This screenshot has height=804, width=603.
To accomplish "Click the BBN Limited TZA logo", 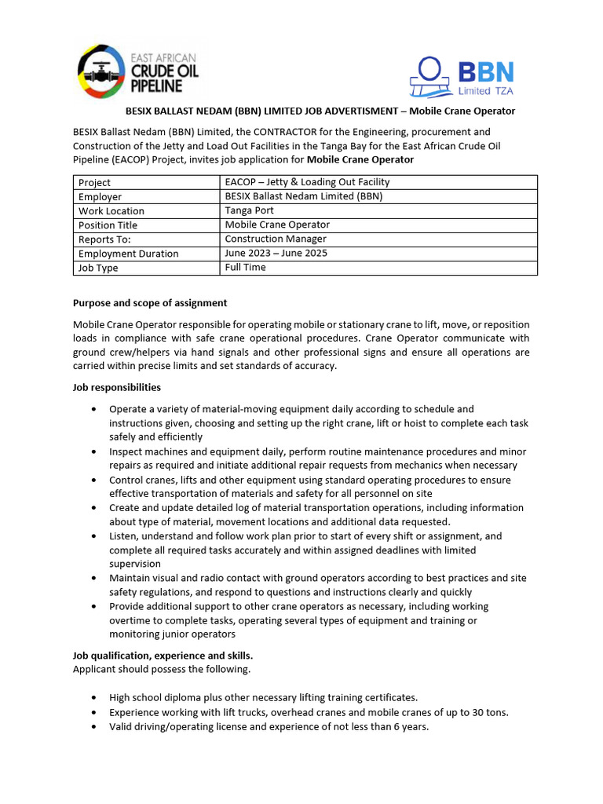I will [x=462, y=76].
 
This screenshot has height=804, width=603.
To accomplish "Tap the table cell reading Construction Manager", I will [x=276, y=239].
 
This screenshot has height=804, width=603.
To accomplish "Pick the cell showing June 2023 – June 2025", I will [x=276, y=253].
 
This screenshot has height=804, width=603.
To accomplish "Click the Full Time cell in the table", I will [x=245, y=267].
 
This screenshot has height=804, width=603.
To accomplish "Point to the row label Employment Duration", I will [x=128, y=254].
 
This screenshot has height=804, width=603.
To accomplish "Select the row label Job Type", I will [x=98, y=268].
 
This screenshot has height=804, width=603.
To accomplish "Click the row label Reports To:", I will [x=104, y=239].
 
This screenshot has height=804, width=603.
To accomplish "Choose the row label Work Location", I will [x=111, y=211].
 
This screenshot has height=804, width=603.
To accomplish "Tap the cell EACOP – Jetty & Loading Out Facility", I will [x=307, y=182].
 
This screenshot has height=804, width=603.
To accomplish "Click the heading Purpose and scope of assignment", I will [x=150, y=302].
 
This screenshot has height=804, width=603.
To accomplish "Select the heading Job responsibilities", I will [x=117, y=387].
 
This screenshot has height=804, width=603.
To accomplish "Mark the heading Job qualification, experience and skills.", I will [x=163, y=655].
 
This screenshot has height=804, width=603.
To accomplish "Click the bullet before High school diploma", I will [x=94, y=697].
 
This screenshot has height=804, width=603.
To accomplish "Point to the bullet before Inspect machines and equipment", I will [x=94, y=452].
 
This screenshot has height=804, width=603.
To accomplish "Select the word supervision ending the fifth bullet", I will [x=135, y=564].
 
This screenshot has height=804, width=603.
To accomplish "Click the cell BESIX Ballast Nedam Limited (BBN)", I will [x=303, y=196].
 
